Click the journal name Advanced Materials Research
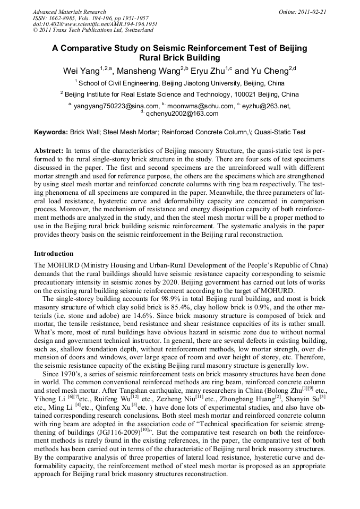pos(69,12)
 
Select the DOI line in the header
pos(95,24)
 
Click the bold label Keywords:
pos(51,132)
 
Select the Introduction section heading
pos(54,254)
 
